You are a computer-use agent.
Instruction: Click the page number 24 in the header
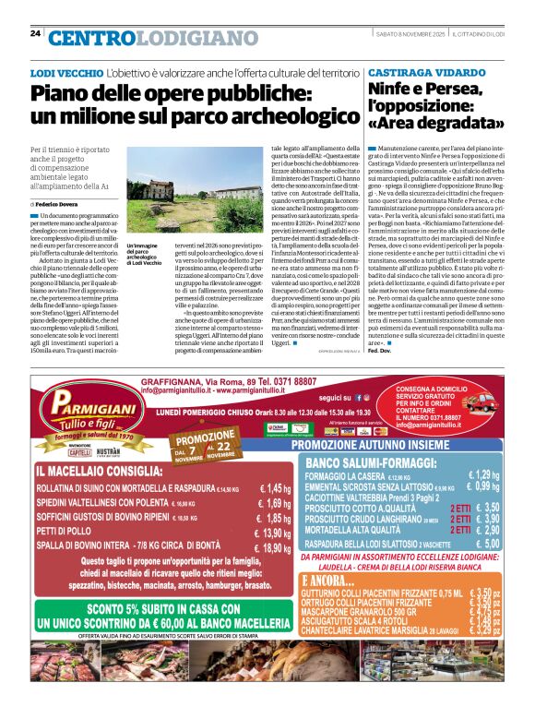[35, 33]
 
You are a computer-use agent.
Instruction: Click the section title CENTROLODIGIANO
[140, 37]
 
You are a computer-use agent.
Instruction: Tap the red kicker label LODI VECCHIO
[65, 72]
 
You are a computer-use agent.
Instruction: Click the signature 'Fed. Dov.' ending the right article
[378, 325]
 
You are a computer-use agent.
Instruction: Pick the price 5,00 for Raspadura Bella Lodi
[485, 545]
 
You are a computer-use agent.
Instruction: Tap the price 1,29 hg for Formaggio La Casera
[483, 474]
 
